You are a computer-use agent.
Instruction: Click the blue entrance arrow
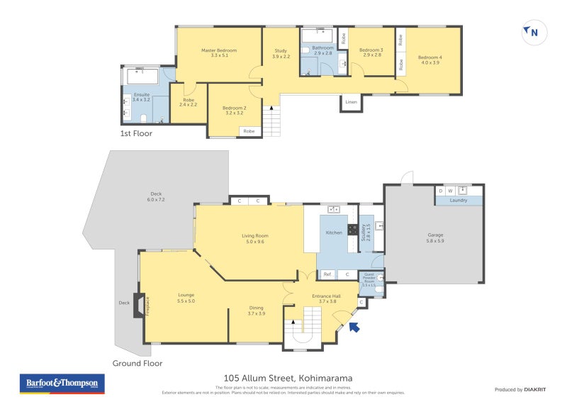click(x=354, y=327)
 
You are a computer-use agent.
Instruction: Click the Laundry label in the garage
click(x=459, y=201)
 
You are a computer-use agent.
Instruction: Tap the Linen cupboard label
click(x=351, y=102)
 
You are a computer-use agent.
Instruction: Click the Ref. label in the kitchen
click(x=327, y=274)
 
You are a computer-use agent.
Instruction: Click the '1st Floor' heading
click(x=136, y=133)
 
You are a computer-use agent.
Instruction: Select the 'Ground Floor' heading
click(x=137, y=363)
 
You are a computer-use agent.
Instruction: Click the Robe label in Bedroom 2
click(x=249, y=131)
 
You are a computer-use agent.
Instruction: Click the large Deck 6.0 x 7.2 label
click(x=156, y=197)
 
